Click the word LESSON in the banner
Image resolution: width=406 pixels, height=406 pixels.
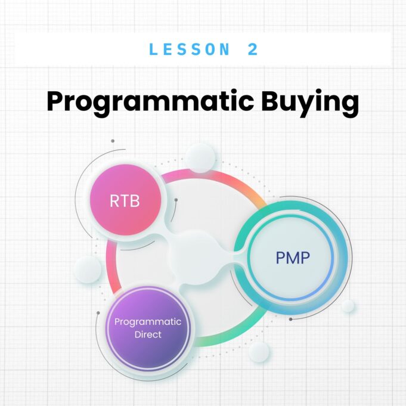tap(190, 49)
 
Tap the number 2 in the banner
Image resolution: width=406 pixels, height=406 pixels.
tap(253, 49)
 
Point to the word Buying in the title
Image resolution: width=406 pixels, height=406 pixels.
tap(308, 103)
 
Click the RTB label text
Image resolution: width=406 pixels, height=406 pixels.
tap(125, 201)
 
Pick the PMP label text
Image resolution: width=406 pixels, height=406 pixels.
tap(293, 258)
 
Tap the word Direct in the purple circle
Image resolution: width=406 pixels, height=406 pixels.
tap(148, 334)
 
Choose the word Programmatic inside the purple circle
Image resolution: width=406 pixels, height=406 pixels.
tap(148, 322)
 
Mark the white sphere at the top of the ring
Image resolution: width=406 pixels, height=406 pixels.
tap(200, 158)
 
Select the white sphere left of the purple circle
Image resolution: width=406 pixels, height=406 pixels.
tap(87, 269)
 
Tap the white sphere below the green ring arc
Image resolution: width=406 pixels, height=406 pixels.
tap(259, 352)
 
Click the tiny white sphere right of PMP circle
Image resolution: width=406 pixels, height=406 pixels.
tap(348, 306)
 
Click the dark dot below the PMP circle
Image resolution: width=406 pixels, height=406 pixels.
tap(290, 319)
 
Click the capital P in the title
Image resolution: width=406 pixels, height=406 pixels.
tap(56, 102)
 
